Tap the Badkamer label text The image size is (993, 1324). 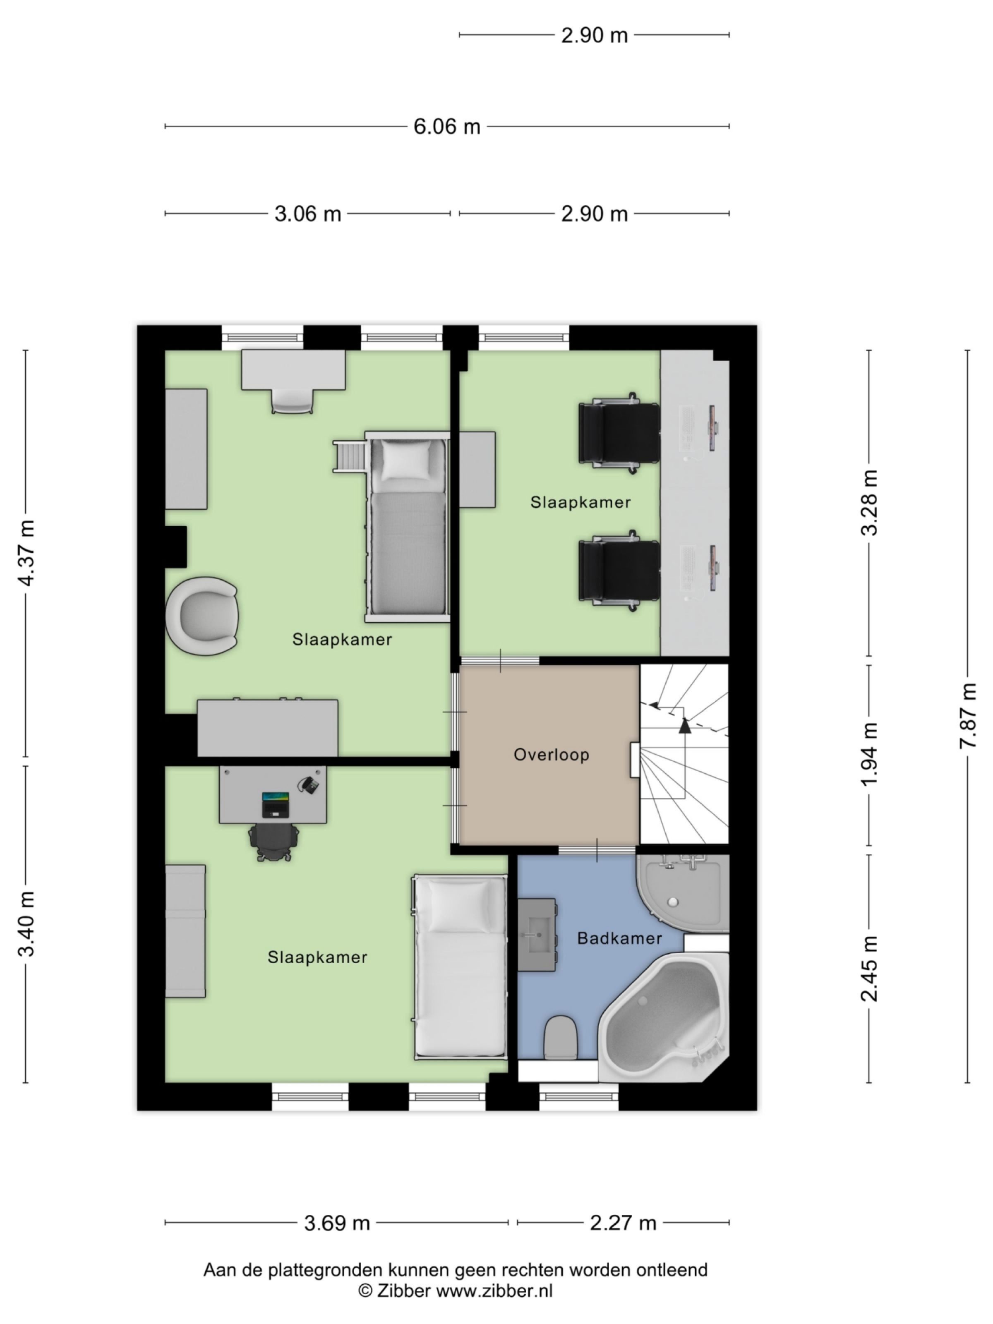[x=619, y=938]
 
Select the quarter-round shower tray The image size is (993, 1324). [x=682, y=892]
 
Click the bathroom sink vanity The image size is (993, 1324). [x=537, y=934]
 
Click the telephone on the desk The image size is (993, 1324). [x=309, y=785]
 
